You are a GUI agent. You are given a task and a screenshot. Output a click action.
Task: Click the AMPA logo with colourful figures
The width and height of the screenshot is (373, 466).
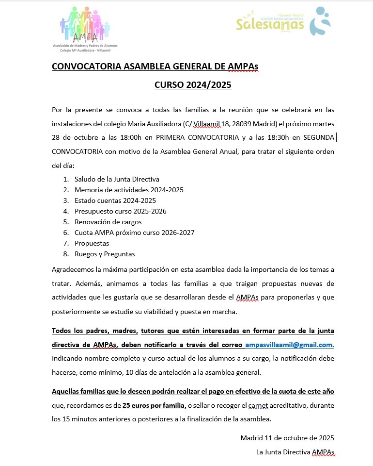coord(85,28)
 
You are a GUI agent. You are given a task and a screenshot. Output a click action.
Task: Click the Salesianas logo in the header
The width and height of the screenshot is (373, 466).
coord(283,22)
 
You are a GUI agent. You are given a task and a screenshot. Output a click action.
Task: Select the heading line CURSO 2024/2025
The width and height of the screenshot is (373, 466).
coord(193,85)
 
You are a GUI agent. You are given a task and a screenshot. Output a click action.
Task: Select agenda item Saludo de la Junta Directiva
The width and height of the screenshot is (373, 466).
coord(117,179)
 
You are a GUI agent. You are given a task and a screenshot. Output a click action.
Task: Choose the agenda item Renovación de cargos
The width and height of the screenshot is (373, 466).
coord(108,222)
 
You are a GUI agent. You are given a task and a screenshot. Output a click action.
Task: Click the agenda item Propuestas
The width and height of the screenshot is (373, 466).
coord(92,243)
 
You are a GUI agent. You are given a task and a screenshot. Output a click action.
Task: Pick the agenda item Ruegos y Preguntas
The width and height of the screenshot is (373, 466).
coord(105,254)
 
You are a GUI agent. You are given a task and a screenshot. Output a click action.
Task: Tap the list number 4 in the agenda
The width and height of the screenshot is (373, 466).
coord(66,211)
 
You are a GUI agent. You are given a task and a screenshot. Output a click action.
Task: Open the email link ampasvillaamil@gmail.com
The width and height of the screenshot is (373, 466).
coord(289,345)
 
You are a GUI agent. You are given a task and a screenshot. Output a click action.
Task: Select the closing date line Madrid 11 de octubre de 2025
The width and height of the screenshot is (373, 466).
coord(287,438)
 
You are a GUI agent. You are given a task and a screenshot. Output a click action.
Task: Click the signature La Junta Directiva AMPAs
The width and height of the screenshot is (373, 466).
coord(295,452)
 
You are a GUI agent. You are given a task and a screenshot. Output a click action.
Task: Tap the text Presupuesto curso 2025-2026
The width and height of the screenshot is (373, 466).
coord(120,211)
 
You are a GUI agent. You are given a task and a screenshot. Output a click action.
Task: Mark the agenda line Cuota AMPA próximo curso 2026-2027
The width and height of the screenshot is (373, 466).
coord(134,233)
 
